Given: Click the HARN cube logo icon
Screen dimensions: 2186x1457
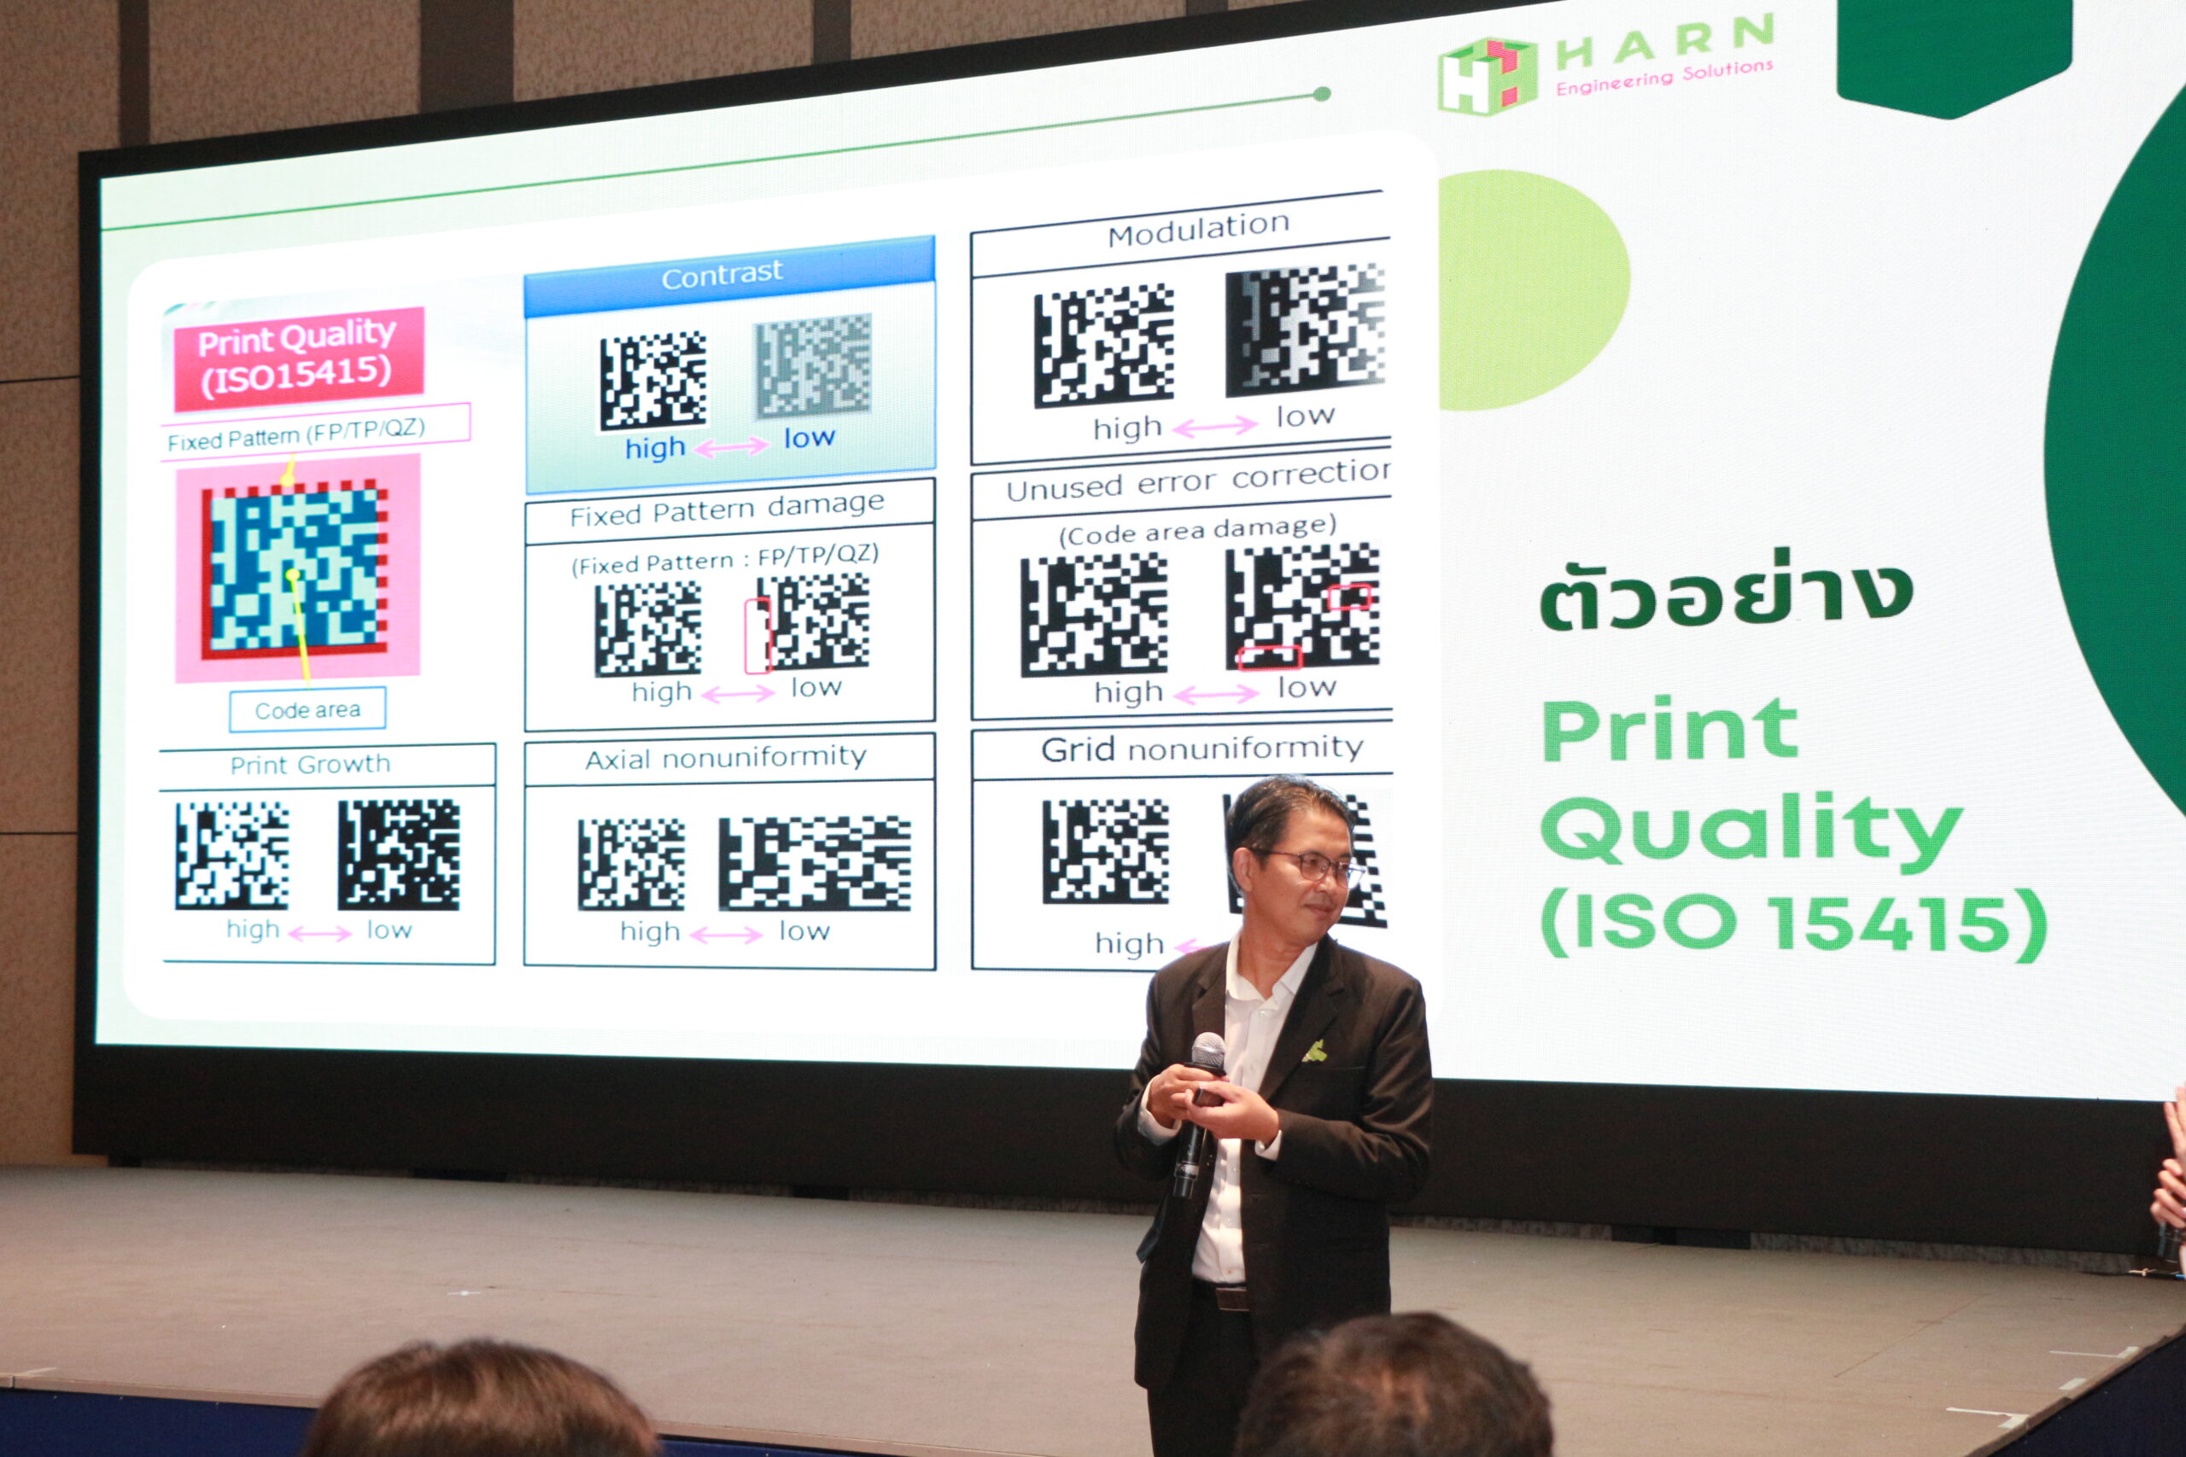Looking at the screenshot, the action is click(1486, 76).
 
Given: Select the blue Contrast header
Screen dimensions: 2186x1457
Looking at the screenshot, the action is click(728, 276).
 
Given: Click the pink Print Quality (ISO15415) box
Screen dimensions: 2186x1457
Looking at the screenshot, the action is click(298, 358).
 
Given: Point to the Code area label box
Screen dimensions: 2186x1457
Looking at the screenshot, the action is click(307, 710).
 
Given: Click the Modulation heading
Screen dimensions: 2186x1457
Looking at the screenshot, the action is click(1198, 229).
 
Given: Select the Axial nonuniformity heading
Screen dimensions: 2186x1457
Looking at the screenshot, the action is click(725, 757).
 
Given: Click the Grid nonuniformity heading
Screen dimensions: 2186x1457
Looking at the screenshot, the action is click(1201, 748).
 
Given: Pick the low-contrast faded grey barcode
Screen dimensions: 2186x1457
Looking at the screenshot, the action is click(813, 365).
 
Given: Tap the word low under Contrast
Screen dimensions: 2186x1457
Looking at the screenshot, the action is click(809, 438).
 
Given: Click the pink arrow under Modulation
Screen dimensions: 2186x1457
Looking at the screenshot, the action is click(1215, 427).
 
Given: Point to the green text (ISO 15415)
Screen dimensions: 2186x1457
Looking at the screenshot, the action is click(1794, 924).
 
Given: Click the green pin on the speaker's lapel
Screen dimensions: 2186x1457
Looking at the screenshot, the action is click(1314, 1051).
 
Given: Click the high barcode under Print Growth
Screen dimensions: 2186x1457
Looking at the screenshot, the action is click(231, 855).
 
